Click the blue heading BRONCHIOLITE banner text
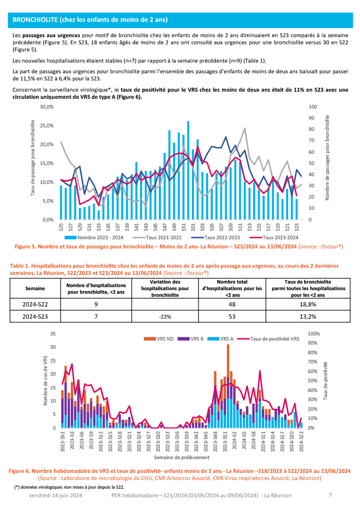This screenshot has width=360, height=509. point(90,20)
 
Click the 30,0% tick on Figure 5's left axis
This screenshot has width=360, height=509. point(47,107)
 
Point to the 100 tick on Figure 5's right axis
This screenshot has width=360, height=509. point(313,107)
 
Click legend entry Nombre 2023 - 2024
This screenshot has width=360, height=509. point(101,238)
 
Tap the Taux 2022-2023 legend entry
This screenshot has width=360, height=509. point(218,238)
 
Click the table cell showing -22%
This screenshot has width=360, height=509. point(164,316)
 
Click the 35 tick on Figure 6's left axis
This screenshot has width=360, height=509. point(52,334)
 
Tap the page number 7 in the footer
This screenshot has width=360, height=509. point(330,495)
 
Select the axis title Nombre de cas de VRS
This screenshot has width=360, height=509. point(45,381)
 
